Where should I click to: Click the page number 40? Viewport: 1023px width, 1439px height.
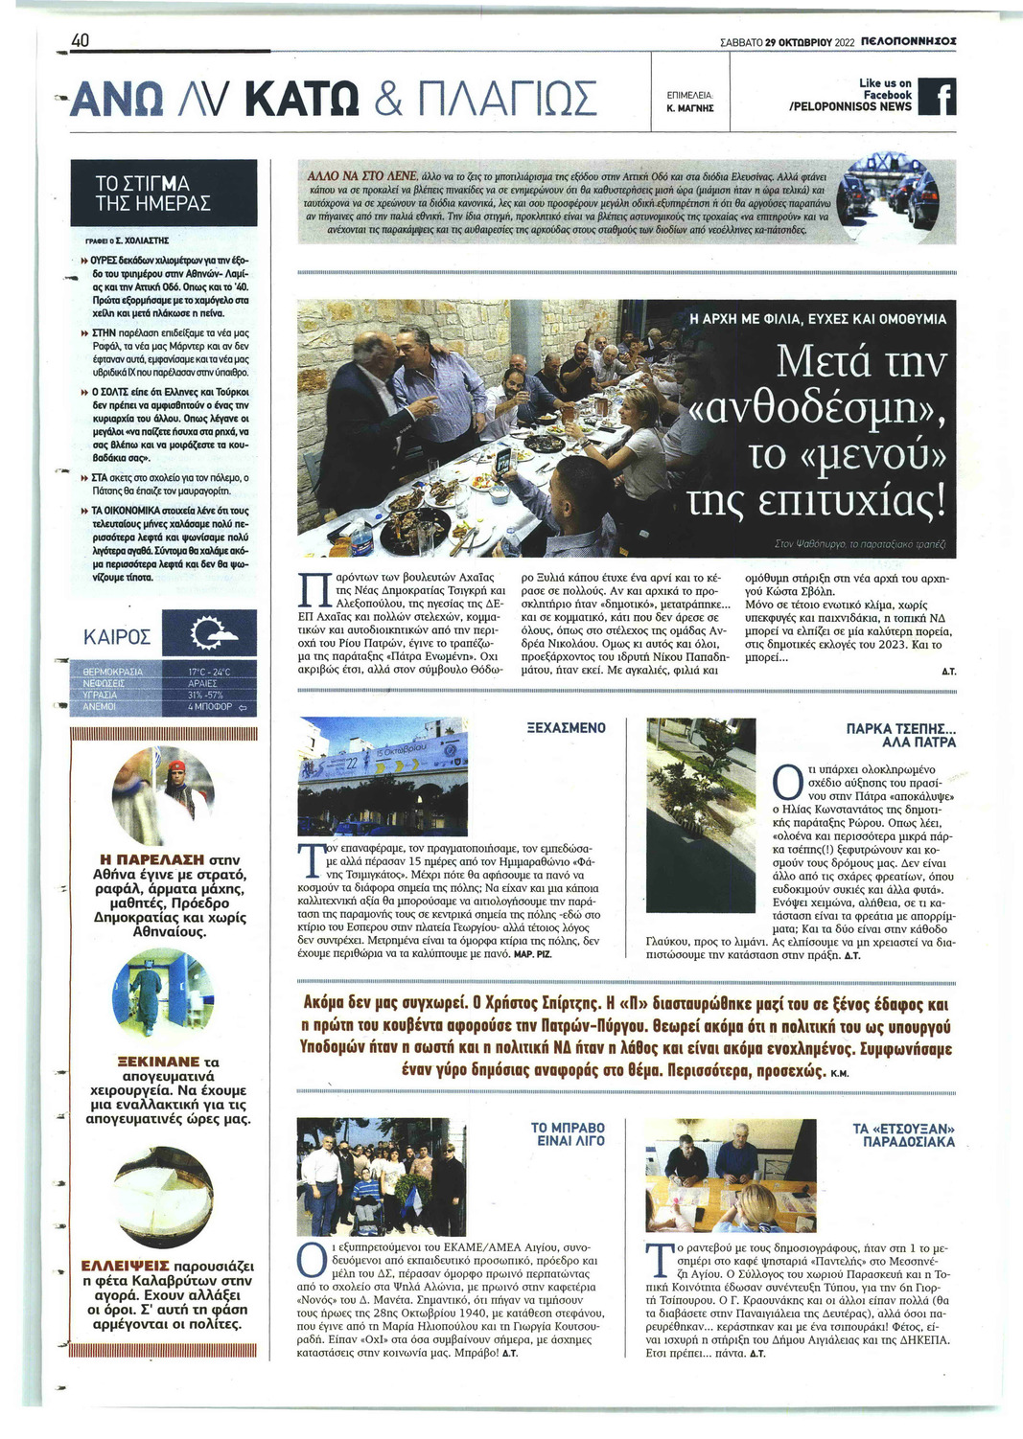pyautogui.click(x=80, y=40)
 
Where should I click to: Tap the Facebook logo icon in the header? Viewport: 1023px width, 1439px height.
pyautogui.click(x=937, y=96)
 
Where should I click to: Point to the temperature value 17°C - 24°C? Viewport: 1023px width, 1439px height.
pyautogui.click(x=209, y=672)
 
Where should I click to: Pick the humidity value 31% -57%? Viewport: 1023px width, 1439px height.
pyautogui.click(x=205, y=695)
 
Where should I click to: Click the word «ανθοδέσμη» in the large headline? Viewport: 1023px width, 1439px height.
pyautogui.click(x=819, y=407)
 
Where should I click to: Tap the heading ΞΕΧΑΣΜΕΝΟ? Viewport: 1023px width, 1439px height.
pyautogui.click(x=567, y=727)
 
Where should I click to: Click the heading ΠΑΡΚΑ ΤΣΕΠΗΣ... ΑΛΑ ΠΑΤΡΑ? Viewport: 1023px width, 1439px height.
pyautogui.click(x=900, y=735)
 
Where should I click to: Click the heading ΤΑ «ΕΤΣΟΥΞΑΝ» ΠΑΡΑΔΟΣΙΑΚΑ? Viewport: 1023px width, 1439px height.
pyautogui.click(x=903, y=1134)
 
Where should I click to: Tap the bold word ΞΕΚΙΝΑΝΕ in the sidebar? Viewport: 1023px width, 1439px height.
pyautogui.click(x=158, y=1062)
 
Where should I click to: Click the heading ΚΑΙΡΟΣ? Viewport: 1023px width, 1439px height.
pyautogui.click(x=117, y=637)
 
